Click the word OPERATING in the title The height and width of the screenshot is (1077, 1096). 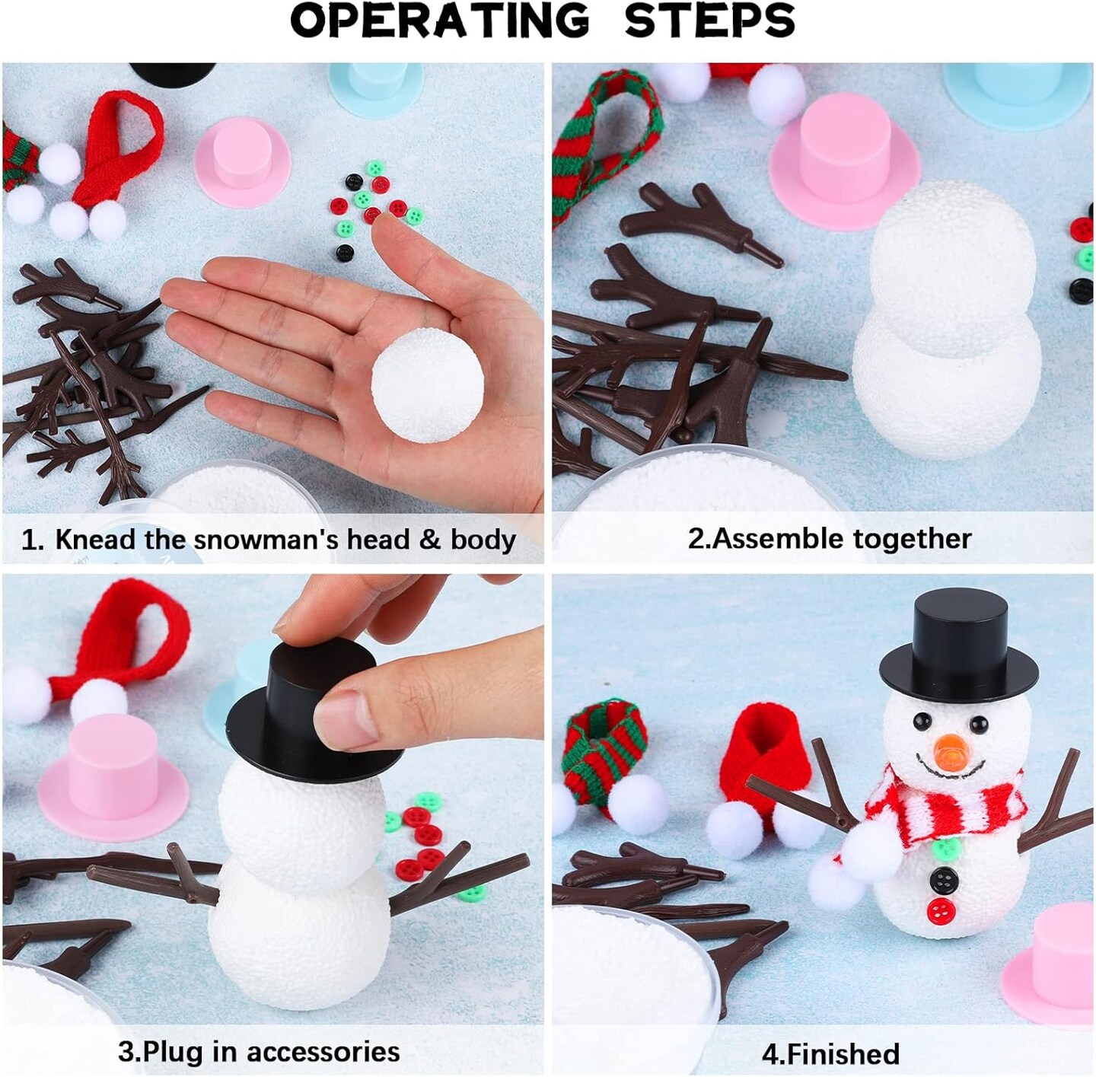pos(439,21)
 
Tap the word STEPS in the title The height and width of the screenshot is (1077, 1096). pos(709,21)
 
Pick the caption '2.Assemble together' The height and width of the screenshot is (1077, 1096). pos(829,539)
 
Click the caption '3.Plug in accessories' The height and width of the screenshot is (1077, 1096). pos(259,1051)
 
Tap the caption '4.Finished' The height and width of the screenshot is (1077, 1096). pos(830,1054)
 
